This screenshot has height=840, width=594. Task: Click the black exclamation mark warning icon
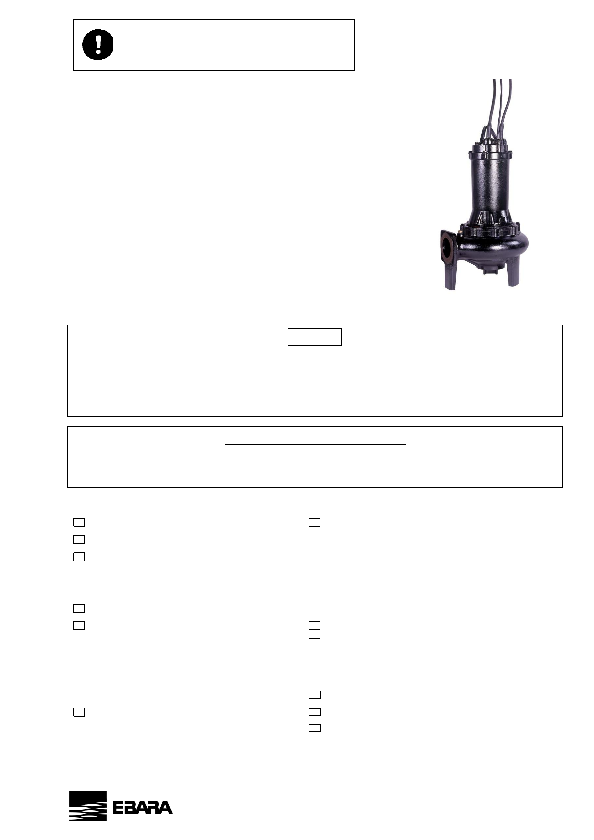coord(98,45)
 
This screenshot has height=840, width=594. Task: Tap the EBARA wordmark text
coord(143,808)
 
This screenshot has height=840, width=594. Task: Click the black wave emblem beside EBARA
coord(88,806)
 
